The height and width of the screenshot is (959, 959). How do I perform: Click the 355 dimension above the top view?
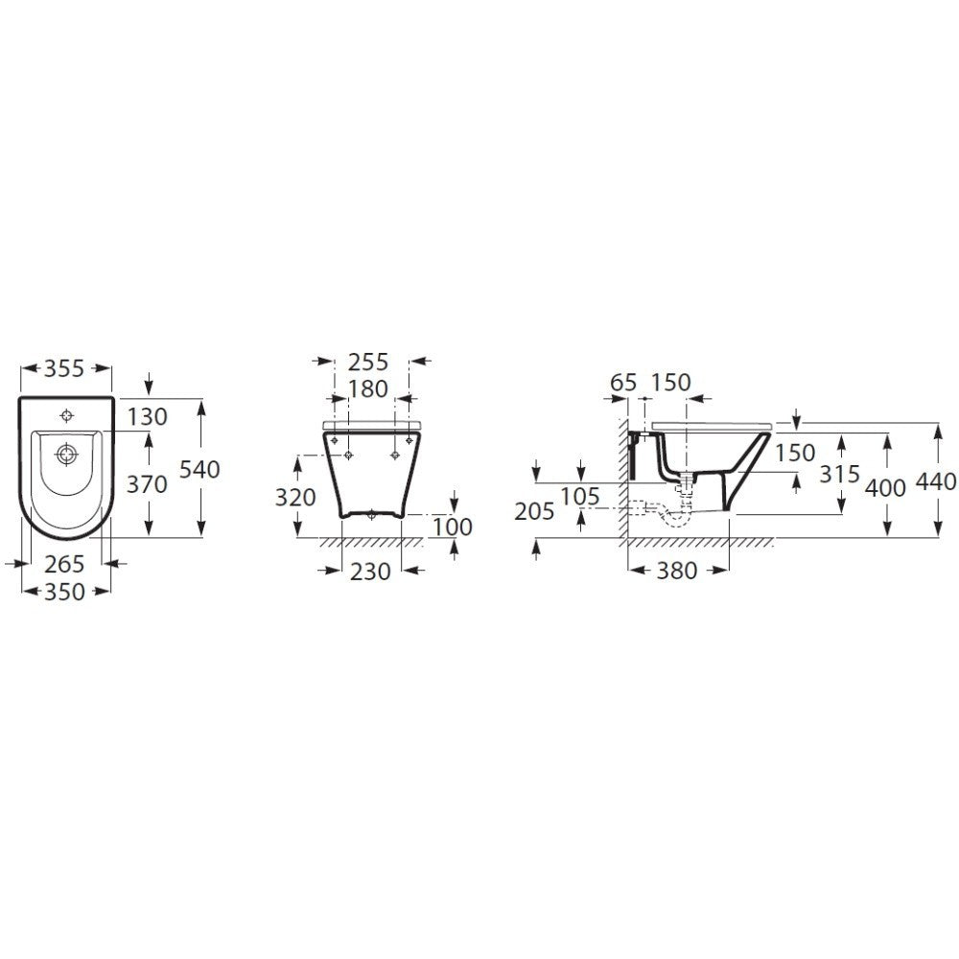(x=64, y=369)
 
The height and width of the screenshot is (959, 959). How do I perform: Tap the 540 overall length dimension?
(x=199, y=469)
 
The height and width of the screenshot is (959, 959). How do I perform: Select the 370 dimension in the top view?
(x=147, y=484)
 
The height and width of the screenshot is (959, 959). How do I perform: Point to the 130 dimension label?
(x=148, y=417)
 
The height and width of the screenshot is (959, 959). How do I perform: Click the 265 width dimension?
(x=64, y=564)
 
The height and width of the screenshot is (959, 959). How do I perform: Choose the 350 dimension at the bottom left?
(x=64, y=592)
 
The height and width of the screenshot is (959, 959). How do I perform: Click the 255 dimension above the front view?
(x=368, y=363)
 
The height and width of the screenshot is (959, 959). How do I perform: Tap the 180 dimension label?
(x=368, y=389)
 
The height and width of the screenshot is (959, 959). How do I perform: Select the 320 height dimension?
(x=295, y=498)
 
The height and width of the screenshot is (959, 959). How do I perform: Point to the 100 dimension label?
(x=453, y=526)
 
